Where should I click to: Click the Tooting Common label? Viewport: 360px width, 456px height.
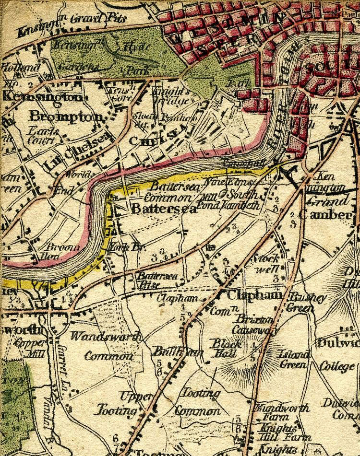[x=198, y=403]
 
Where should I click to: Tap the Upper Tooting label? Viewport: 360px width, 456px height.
[x=125, y=403]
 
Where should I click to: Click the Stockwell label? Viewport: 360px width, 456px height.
[x=266, y=263]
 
